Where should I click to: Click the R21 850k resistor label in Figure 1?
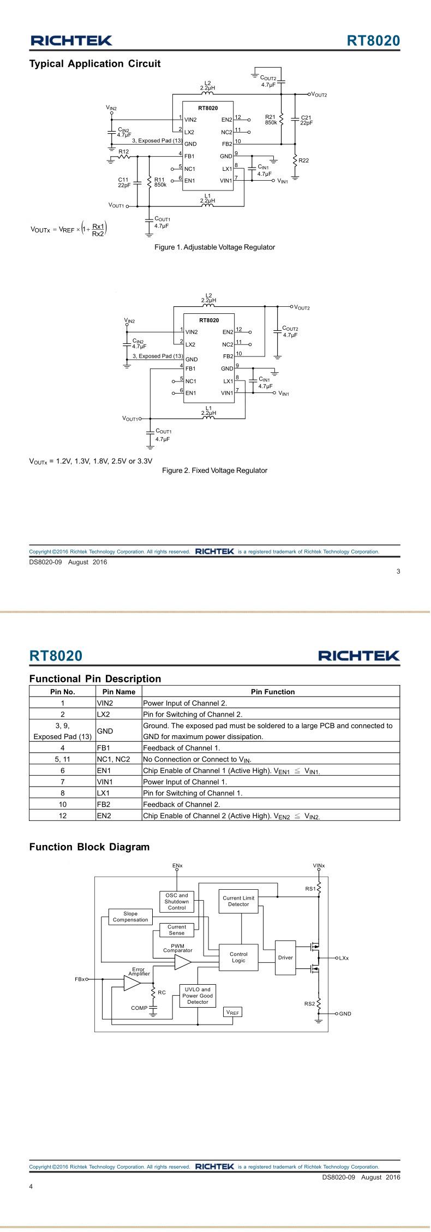pyautogui.click(x=271, y=120)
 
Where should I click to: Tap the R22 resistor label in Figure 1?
pyautogui.click(x=304, y=160)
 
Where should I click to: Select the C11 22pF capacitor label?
pyautogui.click(x=123, y=182)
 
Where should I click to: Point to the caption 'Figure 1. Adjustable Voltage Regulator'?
pyautogui.click(x=214, y=247)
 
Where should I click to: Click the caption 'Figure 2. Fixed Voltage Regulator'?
pyautogui.click(x=214, y=471)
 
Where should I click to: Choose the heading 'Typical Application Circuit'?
pyautogui.click(x=94, y=64)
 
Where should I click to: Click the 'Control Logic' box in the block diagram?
pyautogui.click(x=238, y=957)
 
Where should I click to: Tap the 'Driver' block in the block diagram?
pyautogui.click(x=285, y=957)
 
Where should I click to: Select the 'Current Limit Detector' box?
pyautogui.click(x=238, y=901)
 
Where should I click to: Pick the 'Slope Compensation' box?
pyautogui.click(x=130, y=916)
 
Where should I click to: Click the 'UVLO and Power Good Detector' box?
pyautogui.click(x=197, y=996)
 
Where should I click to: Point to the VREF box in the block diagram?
pyautogui.click(x=233, y=1013)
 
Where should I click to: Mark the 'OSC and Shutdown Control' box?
pyautogui.click(x=177, y=901)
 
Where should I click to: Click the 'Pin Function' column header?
pyautogui.click(x=272, y=692)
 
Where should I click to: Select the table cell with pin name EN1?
pyautogui.click(x=118, y=770)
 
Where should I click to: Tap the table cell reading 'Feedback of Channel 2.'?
pyautogui.click(x=271, y=804)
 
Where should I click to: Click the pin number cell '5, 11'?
pyautogui.click(x=62, y=759)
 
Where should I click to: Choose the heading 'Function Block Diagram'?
pyautogui.click(x=89, y=847)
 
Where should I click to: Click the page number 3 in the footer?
pyautogui.click(x=398, y=572)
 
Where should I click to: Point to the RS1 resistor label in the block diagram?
pyautogui.click(x=310, y=889)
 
